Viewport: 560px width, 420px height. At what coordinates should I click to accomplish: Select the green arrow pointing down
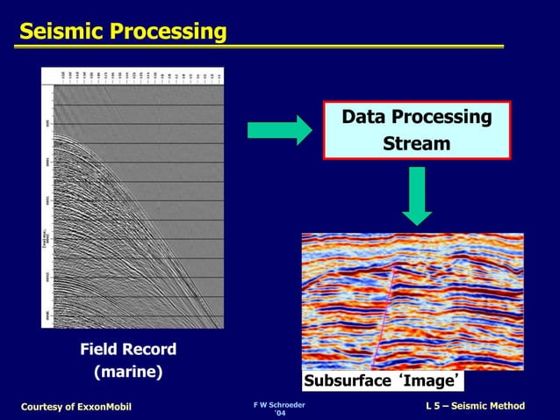point(418,195)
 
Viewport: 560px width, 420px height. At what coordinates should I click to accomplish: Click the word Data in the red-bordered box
point(363,117)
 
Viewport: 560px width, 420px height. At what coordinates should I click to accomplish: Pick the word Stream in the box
point(417,142)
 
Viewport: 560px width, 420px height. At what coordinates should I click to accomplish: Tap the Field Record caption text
point(128,350)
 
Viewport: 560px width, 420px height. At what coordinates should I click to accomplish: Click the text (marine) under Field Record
point(128,372)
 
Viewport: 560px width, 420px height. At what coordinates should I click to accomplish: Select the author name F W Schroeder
point(279,403)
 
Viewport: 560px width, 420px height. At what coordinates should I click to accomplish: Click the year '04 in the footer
point(279,413)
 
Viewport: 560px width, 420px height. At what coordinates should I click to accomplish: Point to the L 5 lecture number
point(434,405)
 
